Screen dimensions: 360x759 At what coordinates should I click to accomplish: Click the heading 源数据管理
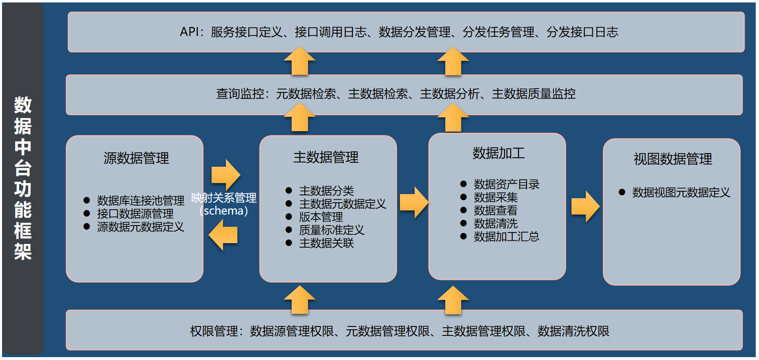136,158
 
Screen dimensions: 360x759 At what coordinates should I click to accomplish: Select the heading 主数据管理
326,157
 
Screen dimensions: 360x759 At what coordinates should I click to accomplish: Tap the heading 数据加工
498,153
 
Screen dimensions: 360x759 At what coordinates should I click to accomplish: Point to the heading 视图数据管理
672,159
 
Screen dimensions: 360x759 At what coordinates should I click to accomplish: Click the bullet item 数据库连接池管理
141,201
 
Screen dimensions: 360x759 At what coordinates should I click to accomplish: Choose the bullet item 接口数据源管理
135,214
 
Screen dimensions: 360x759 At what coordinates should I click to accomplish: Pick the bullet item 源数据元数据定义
141,227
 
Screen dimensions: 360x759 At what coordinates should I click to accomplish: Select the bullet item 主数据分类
326,191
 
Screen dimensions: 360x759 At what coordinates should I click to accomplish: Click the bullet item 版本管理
321,217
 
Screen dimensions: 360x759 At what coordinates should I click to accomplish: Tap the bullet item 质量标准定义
331,230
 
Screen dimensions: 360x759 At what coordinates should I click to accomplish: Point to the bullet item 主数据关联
326,243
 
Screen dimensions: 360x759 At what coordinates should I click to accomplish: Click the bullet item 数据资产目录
507,184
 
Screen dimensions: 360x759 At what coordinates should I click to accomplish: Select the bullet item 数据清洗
496,224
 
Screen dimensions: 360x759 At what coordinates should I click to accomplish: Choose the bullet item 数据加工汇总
507,237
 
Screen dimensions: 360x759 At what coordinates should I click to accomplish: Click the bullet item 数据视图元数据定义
681,192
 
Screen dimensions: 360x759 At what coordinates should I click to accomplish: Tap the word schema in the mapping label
223,211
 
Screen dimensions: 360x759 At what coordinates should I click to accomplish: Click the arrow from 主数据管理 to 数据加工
414,202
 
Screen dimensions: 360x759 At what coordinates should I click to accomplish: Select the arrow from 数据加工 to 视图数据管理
585,206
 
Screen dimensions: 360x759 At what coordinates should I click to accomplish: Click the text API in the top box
189,32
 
